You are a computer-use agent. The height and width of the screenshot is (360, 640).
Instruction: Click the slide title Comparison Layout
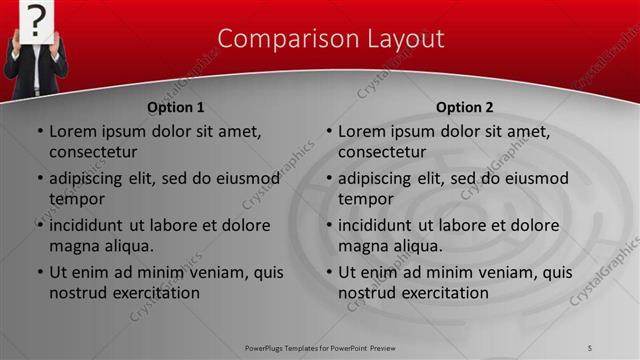331,39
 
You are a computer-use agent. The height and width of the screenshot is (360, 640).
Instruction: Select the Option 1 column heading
176,107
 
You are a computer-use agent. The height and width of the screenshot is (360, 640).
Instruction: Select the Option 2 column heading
464,107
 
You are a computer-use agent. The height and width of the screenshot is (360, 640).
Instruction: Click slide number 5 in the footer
590,347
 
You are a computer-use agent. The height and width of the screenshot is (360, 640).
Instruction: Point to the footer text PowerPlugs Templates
290,347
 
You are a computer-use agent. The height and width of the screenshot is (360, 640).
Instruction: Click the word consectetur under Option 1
93,152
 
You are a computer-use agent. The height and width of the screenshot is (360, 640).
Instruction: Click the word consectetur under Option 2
382,152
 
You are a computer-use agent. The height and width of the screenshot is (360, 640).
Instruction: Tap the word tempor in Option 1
76,199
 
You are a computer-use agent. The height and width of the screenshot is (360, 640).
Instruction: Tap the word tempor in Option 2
365,199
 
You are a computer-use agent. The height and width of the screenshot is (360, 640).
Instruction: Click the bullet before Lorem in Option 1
39,131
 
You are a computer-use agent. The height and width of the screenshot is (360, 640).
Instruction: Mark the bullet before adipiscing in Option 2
328,178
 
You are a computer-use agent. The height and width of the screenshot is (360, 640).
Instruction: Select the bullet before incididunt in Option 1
39,225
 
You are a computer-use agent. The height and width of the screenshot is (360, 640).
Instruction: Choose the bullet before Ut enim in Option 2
328,272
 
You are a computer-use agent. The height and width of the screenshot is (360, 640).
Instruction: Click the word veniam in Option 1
208,272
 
